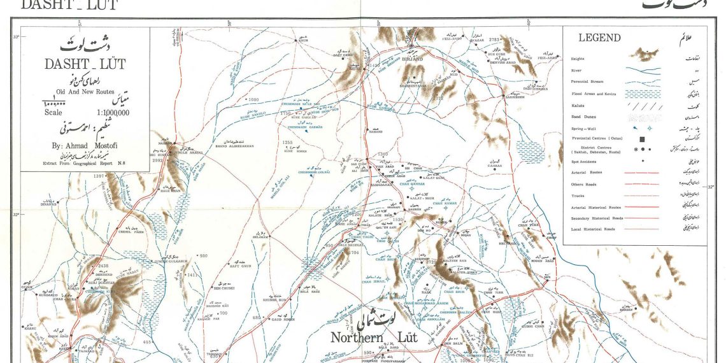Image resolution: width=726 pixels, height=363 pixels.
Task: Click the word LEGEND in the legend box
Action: click(599, 38)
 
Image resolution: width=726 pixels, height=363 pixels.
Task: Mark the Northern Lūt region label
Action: click(374, 338)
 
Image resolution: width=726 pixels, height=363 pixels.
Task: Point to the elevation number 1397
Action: click(99, 176)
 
